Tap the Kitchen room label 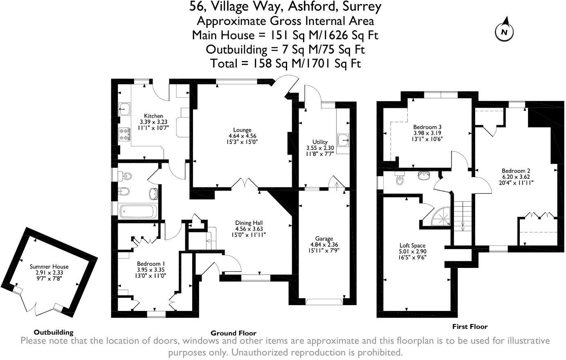coord(153,116)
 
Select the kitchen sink coord(124,109)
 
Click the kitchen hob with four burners coord(124,133)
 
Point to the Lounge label coord(242,130)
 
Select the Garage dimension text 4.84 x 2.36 coord(324,245)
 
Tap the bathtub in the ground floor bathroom coord(137,211)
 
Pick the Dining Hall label coord(249,223)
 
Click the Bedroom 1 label coord(151,264)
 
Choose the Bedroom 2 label coord(516,171)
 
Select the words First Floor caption coord(469,326)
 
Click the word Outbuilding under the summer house coord(54,332)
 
